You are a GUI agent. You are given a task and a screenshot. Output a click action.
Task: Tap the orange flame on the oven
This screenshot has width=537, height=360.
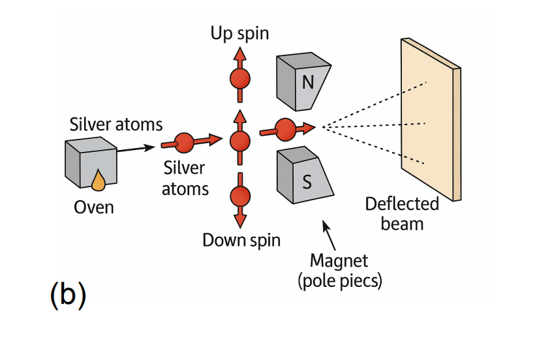point(98,181)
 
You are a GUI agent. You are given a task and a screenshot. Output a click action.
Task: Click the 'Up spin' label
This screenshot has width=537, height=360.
point(239,33)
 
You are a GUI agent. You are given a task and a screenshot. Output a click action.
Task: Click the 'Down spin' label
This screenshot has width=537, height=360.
point(241,239)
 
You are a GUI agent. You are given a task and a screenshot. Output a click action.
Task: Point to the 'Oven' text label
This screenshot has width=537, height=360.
point(93,207)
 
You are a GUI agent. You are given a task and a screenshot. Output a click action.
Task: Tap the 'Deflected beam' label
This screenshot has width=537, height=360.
point(401,213)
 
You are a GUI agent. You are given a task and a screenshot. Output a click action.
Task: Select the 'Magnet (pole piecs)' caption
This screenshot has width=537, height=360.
point(339,271)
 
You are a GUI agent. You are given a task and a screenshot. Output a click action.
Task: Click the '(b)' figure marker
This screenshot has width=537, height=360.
point(67,295)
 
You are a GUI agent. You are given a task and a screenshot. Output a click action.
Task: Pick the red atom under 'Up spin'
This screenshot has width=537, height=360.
point(240,80)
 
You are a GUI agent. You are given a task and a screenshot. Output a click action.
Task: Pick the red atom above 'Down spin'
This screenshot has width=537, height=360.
point(240,195)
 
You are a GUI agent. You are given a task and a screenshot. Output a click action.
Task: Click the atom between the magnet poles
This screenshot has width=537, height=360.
point(285,128)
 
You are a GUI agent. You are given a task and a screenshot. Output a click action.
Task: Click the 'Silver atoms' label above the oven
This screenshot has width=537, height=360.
point(115,124)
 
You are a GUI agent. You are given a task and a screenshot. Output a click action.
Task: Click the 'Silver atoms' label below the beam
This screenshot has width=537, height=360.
point(185,178)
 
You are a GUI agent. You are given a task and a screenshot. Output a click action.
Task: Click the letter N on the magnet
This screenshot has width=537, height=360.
point(307,82)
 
